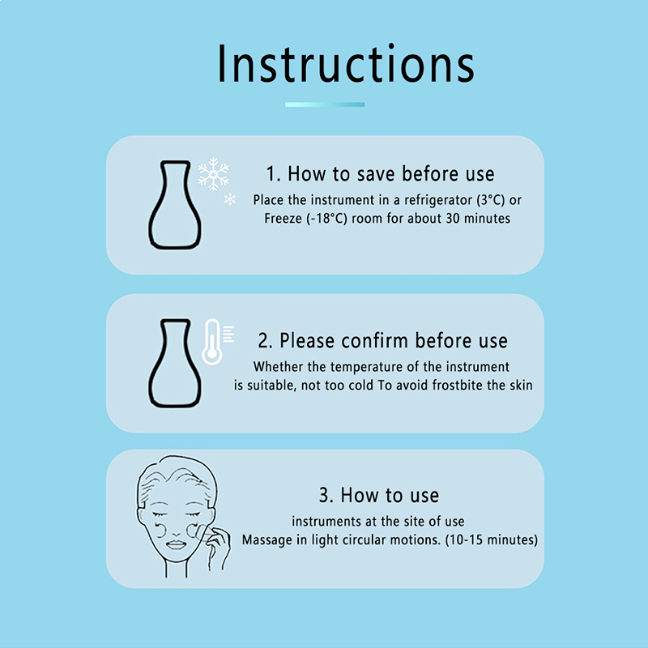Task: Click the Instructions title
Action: [x=346, y=64]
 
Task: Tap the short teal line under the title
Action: [x=325, y=104]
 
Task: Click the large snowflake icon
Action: [x=213, y=174]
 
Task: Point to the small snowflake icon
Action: [x=230, y=199]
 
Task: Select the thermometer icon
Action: [x=213, y=341]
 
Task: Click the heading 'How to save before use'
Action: [x=390, y=173]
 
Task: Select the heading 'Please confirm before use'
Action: [x=394, y=340]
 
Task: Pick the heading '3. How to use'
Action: [x=379, y=495]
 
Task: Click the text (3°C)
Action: [x=491, y=200]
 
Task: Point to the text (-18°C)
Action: [x=326, y=218]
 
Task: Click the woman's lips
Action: [x=176, y=544]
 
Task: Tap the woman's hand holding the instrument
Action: [x=218, y=546]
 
